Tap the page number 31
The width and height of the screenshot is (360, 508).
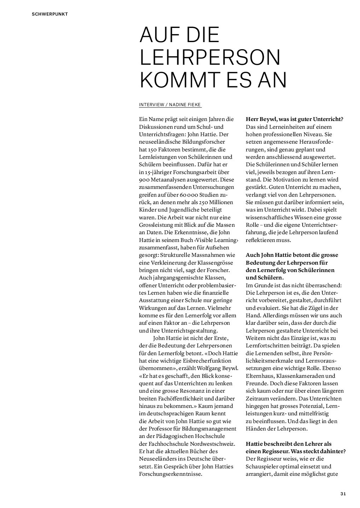click(x=343, y=494)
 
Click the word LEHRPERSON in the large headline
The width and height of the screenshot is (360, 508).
click(x=210, y=58)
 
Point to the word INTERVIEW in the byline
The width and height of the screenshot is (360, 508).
click(x=151, y=105)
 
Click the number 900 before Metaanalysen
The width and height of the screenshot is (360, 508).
click(x=144, y=180)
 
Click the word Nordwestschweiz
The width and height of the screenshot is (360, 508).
click(x=213, y=444)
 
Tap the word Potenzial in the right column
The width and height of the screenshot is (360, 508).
click(x=308, y=406)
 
